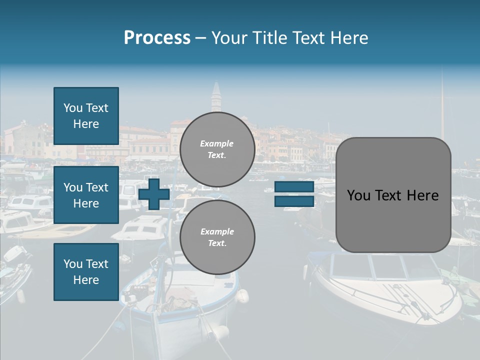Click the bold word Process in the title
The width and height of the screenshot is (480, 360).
click(x=157, y=38)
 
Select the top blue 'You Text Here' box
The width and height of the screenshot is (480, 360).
click(x=86, y=116)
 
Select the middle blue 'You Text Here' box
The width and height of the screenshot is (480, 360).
click(x=86, y=195)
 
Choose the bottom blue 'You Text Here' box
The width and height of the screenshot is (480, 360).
click(x=86, y=271)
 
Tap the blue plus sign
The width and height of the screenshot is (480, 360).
click(x=154, y=193)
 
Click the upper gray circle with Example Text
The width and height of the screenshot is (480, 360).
click(x=217, y=149)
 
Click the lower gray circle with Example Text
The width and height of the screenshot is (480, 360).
click(x=217, y=237)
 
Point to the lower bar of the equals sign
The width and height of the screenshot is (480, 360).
click(x=294, y=201)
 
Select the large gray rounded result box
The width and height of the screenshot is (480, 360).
click(x=393, y=220)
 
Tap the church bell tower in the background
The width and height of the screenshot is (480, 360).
click(x=216, y=97)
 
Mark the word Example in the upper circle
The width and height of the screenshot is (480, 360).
click(x=217, y=143)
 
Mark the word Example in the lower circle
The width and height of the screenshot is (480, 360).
click(x=217, y=231)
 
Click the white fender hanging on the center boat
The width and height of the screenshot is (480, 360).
click(x=243, y=296)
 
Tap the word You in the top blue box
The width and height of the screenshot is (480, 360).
click(x=73, y=108)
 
